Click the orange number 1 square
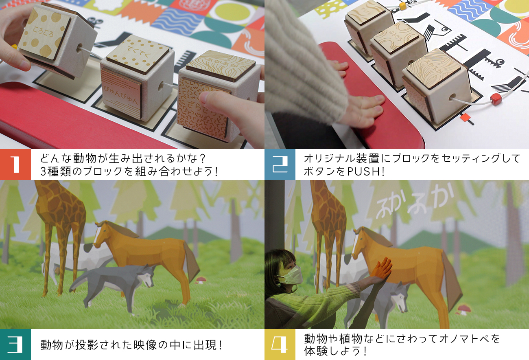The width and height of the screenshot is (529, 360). (x=15, y=165)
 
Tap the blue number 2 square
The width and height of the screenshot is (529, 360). (x=280, y=165)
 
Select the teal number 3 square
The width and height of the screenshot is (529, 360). (x=15, y=345)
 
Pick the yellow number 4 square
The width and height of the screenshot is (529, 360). (x=280, y=345)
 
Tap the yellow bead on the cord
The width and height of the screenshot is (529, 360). (x=402, y=7)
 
